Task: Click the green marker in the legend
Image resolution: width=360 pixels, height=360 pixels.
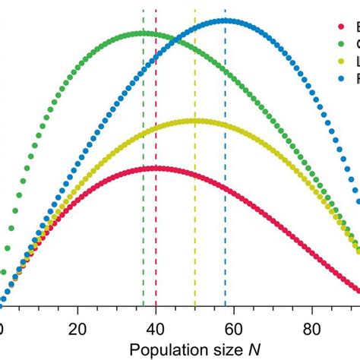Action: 341,45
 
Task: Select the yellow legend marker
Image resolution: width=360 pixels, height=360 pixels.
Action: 341,62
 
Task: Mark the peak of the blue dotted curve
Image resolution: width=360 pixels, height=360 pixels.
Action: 225,21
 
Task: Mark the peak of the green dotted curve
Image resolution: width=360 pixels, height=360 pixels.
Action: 143,33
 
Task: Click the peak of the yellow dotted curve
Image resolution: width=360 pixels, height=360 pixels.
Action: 194,120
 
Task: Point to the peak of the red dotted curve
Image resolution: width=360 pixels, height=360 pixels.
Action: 156,168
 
